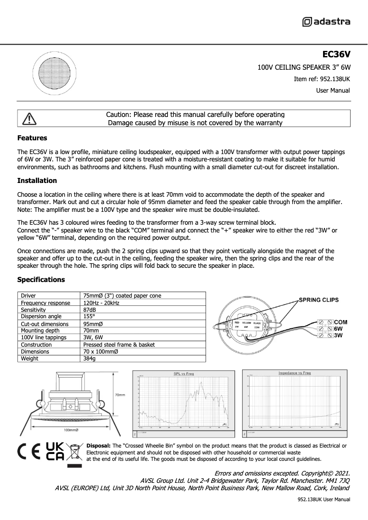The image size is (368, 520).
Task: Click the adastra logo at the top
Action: click(326, 22)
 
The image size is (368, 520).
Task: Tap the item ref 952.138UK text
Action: click(322, 79)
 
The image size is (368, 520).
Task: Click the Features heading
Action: click(32, 138)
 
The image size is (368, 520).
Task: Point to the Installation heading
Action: click(37, 181)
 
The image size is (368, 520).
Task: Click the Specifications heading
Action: click(41, 280)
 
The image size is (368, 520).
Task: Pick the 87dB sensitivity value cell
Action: click(89, 310)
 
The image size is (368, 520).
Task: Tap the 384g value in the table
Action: click(89, 359)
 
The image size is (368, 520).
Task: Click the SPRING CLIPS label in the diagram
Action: click(319, 300)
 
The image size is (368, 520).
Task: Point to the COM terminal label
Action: click(341, 322)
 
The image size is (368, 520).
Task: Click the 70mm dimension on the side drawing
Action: click(121, 394)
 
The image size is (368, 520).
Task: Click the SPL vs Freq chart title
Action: click(184, 374)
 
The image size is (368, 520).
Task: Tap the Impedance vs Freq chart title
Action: click(295, 373)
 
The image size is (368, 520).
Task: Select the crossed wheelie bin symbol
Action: click(74, 452)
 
